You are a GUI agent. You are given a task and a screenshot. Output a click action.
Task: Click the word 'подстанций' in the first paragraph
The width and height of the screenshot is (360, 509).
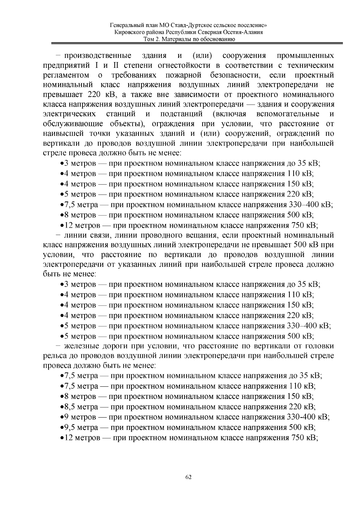[x=181, y=114]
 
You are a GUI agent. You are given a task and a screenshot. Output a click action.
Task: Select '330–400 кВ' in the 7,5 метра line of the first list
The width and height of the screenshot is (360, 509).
[x=310, y=205]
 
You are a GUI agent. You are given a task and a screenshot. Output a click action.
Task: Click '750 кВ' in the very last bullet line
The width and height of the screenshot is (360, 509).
[x=304, y=438]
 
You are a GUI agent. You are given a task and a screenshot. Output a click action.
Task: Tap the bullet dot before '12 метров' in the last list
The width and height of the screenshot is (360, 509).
[x=61, y=438]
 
